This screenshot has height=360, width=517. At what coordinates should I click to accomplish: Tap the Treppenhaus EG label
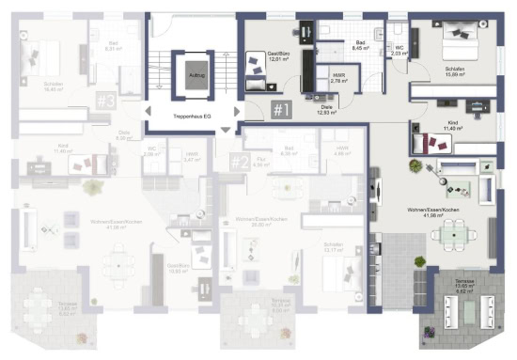pos(192,117)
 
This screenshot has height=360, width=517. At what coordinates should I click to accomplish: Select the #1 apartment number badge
pos(283,110)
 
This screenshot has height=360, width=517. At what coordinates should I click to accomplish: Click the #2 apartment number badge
pos(240,161)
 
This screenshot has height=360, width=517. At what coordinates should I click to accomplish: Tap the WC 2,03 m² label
pos(399,51)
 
